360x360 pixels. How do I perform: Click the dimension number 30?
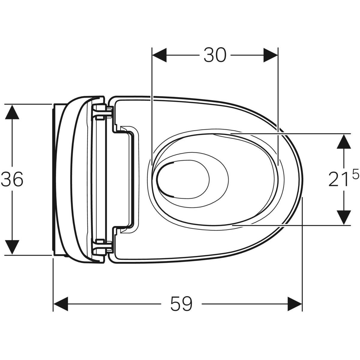click(x=215, y=55)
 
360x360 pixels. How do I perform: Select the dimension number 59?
click(x=181, y=304)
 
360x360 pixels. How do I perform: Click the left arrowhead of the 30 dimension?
click(x=159, y=55)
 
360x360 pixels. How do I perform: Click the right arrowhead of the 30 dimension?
click(x=271, y=55)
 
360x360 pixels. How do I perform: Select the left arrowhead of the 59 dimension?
click(x=61, y=304)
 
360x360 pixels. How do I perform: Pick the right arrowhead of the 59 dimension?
click(x=295, y=304)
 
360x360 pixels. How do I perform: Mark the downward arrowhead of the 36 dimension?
click(x=12, y=247)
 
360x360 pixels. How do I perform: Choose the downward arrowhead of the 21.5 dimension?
click(x=344, y=217)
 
